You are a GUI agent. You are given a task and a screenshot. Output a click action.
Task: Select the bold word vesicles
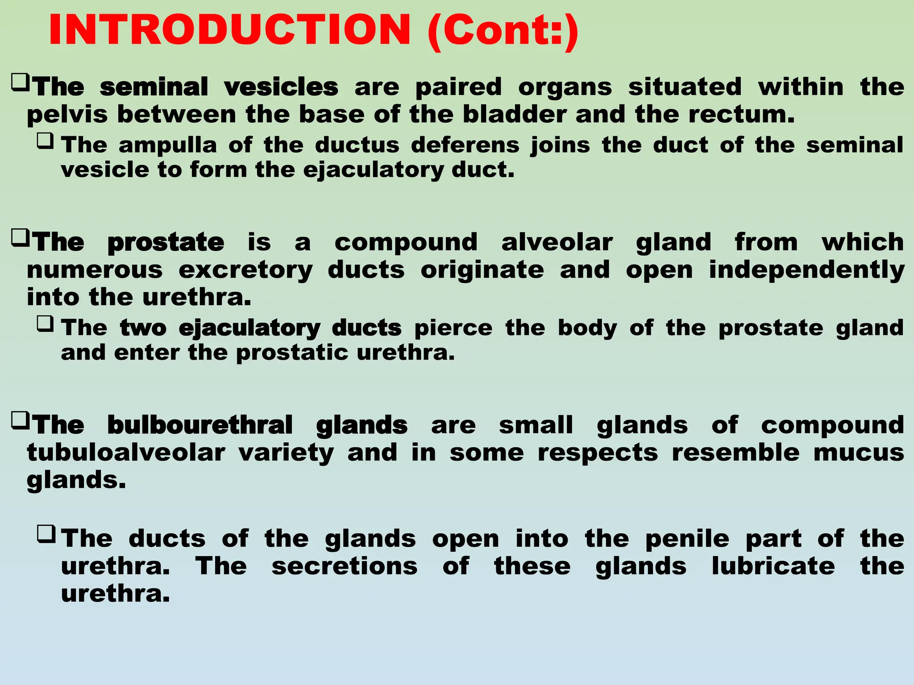(x=281, y=87)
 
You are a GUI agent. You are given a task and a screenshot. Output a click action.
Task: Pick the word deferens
(x=465, y=145)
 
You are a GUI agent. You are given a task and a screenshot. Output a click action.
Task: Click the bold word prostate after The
(x=166, y=243)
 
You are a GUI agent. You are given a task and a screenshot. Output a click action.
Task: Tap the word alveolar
(x=557, y=243)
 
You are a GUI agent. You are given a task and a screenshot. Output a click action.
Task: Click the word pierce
(x=453, y=328)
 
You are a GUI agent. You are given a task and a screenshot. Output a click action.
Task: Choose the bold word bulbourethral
(x=200, y=425)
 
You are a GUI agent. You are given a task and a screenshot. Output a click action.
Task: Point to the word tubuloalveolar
(x=126, y=454)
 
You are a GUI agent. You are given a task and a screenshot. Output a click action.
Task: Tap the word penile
(x=687, y=539)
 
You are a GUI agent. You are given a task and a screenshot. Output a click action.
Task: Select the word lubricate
(x=773, y=566)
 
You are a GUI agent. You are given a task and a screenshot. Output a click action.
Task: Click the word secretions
(x=345, y=566)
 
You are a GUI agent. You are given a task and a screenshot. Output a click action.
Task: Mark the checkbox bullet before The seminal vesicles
(x=21, y=82)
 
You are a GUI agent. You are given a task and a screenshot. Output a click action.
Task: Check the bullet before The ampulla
(x=46, y=141)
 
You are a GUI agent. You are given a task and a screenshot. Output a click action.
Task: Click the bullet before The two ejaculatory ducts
(x=46, y=324)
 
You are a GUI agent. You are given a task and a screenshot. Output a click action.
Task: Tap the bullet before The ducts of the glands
(x=46, y=534)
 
